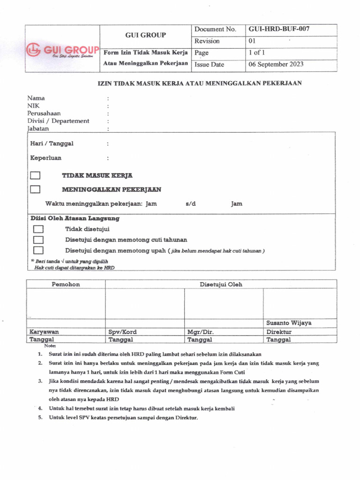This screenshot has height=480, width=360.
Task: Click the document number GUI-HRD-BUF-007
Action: click(x=279, y=29)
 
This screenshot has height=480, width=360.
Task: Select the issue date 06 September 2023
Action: click(x=276, y=64)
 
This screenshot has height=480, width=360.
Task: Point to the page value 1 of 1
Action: click(x=256, y=52)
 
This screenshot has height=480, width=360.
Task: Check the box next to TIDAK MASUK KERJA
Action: click(x=35, y=176)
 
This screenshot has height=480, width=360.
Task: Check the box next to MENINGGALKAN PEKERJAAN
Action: click(x=35, y=190)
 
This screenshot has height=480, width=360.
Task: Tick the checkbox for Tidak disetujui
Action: click(x=38, y=229)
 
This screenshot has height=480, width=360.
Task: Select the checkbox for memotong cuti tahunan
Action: click(x=38, y=240)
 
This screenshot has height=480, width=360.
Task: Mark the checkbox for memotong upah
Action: click(x=38, y=250)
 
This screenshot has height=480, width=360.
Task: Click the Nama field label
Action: click(x=36, y=98)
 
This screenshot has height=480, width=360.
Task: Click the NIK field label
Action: click(x=33, y=105)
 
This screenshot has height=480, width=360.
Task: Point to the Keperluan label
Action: click(x=46, y=158)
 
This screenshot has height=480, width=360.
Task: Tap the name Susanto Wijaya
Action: click(x=289, y=323)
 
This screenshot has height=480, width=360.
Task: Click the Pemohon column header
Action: click(x=65, y=284)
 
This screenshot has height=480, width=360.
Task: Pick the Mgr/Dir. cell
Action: click(x=200, y=331)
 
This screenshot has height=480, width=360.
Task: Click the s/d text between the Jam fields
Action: click(x=190, y=204)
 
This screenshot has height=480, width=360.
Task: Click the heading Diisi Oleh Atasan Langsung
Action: click(x=75, y=218)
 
